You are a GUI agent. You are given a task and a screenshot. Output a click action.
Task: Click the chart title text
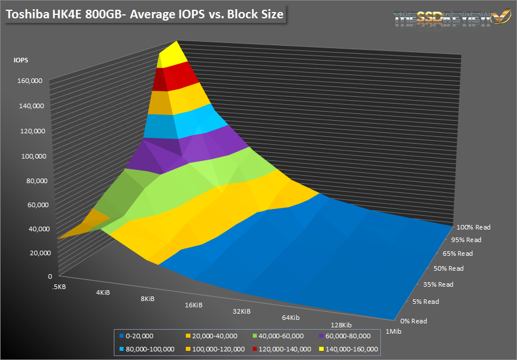click(x=145, y=13)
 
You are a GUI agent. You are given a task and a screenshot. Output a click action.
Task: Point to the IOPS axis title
click(x=22, y=59)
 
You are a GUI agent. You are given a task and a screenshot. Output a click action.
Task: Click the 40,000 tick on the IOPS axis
click(x=33, y=229)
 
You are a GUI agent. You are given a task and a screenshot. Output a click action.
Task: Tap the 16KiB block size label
click(x=194, y=305)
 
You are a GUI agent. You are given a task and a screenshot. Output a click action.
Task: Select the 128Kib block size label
click(x=341, y=325)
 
